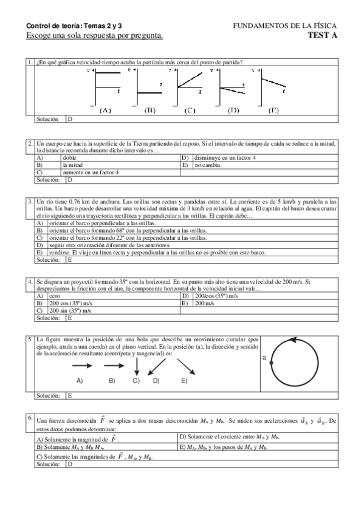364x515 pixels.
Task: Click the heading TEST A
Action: pos(322,35)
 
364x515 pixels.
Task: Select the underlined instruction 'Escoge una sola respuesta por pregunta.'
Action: pos(94,36)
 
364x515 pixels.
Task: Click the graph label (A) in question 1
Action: pos(105,111)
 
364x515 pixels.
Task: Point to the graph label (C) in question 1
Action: pos(189,111)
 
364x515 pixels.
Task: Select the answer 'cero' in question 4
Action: pos(55,296)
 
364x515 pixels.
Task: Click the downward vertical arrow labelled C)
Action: pos(137,366)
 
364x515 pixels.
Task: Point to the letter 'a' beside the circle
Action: pos(264,358)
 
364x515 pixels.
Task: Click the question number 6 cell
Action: pos(30,418)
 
